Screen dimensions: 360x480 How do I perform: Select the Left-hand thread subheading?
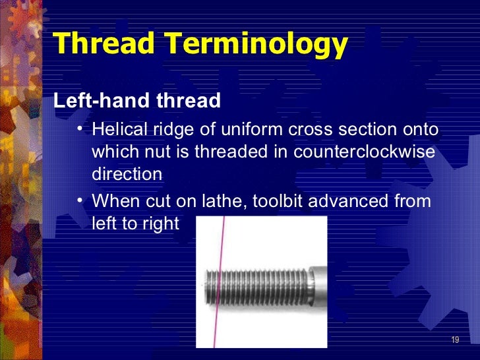point(136,101)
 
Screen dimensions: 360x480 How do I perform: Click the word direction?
point(127,174)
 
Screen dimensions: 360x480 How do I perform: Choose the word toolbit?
point(279,200)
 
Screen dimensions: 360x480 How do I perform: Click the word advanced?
point(351,200)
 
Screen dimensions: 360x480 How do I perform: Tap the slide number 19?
point(454,340)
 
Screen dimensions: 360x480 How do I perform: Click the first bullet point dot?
point(79,129)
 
